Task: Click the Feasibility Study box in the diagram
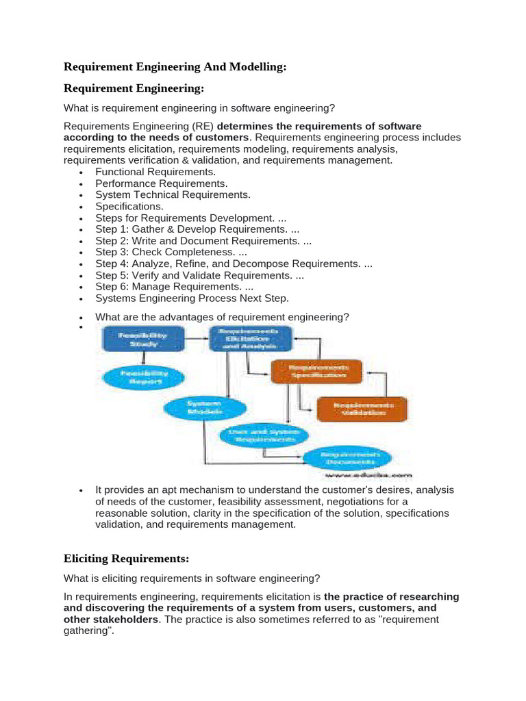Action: [143, 340]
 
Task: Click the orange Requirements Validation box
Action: [362, 409]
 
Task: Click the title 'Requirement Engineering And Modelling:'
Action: [175, 67]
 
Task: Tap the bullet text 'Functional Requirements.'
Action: [155, 172]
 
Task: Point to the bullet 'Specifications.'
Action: [129, 206]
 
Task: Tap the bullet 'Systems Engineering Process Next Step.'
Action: [192, 298]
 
